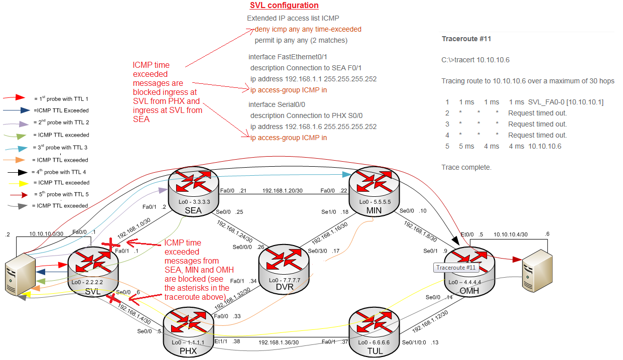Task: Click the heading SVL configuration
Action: [x=284, y=6]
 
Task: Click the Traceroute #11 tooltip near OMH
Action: [x=456, y=268]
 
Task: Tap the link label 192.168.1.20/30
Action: [x=283, y=191]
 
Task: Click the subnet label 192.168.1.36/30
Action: [x=279, y=342]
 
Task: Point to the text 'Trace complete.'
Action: [x=466, y=167]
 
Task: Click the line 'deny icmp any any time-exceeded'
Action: [x=308, y=29]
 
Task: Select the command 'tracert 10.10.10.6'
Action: [x=475, y=60]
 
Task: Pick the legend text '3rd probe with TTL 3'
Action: [x=60, y=148]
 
